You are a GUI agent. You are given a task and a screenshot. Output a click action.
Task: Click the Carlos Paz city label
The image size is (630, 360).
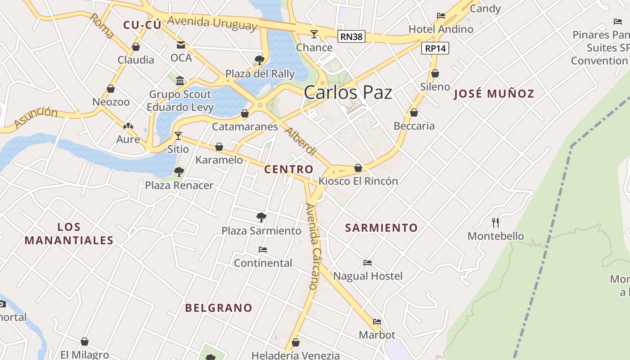348,93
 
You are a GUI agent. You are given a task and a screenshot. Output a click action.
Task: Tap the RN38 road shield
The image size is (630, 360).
351,37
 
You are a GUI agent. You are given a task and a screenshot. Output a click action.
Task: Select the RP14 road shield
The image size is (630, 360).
435,48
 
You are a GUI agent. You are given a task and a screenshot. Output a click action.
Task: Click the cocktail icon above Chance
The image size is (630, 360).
314,34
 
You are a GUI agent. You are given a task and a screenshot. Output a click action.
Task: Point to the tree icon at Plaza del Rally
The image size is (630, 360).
259,60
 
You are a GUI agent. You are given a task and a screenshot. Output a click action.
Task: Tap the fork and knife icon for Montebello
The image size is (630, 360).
495,222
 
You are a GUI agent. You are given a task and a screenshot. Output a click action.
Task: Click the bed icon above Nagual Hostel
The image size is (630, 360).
368,262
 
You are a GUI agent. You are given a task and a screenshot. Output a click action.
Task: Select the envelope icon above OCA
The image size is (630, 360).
181,45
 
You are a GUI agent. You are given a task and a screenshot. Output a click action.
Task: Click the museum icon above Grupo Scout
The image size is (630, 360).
180,81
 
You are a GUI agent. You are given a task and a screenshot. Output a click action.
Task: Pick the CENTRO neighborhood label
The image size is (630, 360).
288,170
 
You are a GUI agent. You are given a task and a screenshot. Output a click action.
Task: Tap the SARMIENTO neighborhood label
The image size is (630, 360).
381,228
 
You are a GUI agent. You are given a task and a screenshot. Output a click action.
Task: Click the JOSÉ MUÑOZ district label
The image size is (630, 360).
494,94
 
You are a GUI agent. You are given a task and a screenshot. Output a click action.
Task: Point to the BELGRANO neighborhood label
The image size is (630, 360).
219,308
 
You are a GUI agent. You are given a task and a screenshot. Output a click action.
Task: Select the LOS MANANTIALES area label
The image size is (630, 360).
69,234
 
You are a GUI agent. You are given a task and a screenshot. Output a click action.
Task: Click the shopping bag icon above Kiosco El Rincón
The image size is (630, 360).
358,168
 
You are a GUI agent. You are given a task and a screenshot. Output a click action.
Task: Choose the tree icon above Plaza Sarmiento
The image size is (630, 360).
261,217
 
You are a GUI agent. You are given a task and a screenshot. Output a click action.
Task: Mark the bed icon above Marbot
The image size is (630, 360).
377,322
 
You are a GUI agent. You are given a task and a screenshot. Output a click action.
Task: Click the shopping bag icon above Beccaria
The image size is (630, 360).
414,112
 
